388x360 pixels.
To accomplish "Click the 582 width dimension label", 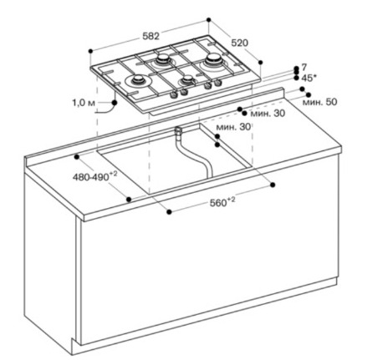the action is (x=151, y=36).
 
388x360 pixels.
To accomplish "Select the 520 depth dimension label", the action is (x=240, y=43).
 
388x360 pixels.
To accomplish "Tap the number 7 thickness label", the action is (x=304, y=67).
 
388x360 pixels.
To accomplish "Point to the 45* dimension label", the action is (x=309, y=78).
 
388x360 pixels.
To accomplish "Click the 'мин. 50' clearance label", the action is (x=319, y=102).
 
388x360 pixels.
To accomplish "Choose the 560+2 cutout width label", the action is (x=222, y=202).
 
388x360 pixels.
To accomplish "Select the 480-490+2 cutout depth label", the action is (x=94, y=176).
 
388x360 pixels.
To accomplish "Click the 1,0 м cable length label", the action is (x=84, y=103).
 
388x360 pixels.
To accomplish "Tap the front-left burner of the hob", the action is (x=139, y=80).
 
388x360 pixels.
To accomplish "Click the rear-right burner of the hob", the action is (x=214, y=58).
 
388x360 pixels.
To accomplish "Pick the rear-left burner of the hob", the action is (x=163, y=59).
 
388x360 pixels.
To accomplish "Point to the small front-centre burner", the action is (x=186, y=80).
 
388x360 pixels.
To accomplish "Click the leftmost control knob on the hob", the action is (x=174, y=95).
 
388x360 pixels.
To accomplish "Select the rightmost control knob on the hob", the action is (x=217, y=83).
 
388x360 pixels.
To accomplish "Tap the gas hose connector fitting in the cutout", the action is (x=178, y=130).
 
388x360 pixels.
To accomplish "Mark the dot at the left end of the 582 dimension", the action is (x=90, y=51).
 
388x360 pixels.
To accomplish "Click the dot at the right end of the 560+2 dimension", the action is (x=273, y=185).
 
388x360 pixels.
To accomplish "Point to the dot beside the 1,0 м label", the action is (x=115, y=103).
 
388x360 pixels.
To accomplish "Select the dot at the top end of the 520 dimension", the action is (x=208, y=20).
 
